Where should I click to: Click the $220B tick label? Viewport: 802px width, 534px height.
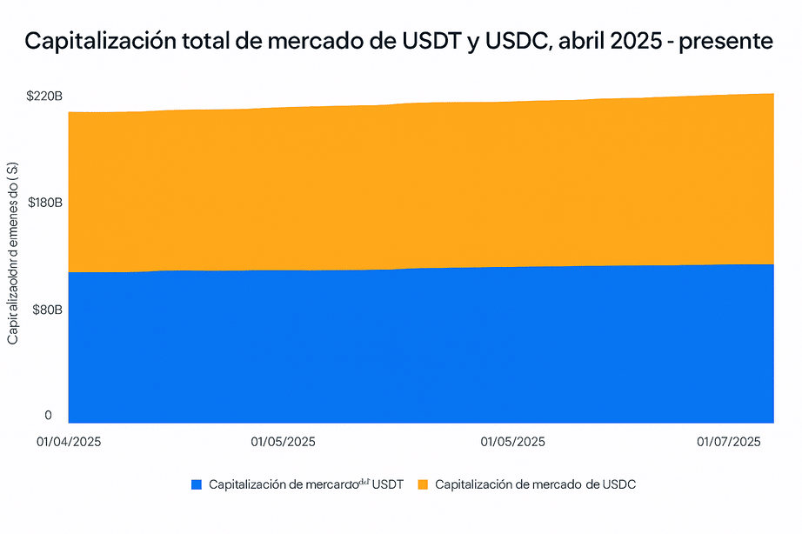click(43, 96)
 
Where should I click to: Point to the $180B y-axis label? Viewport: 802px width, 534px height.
click(43, 203)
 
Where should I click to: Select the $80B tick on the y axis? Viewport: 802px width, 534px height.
click(46, 310)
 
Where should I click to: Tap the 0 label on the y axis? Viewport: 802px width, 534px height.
click(49, 416)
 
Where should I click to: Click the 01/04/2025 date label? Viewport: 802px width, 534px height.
click(69, 442)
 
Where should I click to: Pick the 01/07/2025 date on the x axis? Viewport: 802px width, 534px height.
click(729, 442)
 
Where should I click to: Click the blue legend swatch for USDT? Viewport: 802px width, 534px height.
click(196, 484)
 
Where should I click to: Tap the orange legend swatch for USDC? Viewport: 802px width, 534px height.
click(423, 484)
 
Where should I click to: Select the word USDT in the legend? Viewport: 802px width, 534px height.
click(387, 484)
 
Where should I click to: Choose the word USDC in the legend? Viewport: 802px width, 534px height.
click(618, 484)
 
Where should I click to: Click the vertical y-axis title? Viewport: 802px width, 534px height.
click(13, 252)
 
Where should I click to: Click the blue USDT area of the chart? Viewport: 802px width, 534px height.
click(418, 348)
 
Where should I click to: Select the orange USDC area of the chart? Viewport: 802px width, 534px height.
click(418, 183)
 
